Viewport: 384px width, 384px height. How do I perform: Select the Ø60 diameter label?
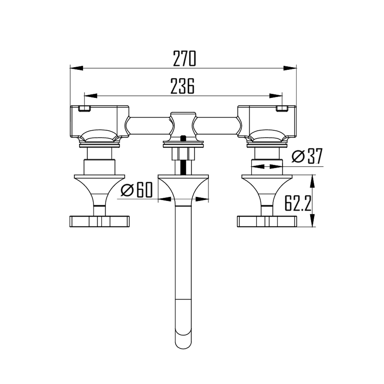[136, 190]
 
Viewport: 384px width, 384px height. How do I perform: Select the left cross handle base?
[99, 222]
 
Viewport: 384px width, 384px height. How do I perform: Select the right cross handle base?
[267, 222]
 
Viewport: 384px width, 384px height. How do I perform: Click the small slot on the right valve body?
[282, 109]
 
